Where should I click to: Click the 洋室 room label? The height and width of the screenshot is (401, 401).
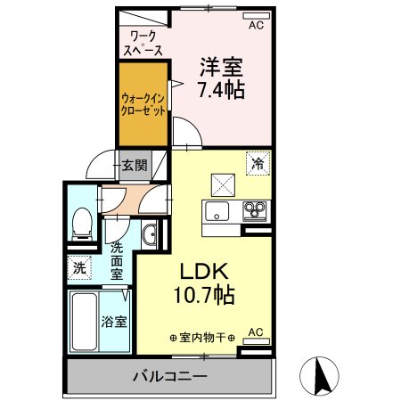pos(222,66)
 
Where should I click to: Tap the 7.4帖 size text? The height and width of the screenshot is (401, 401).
pos(222,89)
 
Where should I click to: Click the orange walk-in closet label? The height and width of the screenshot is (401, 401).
pos(143,106)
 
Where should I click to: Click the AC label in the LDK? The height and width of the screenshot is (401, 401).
pos(255,332)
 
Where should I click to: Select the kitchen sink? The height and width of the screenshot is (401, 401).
pos(217,212)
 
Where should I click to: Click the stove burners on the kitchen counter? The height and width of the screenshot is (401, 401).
pos(256,212)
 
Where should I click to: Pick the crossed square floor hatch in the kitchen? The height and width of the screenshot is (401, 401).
pos(220,184)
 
